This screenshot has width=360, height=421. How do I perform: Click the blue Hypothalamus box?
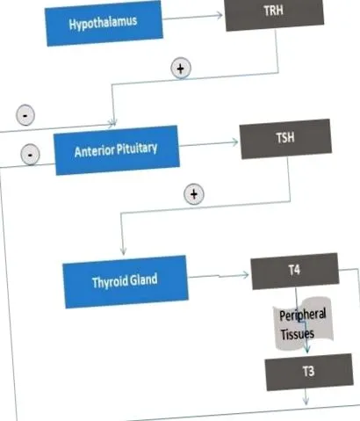[x=104, y=23]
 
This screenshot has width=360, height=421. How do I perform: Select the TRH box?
[x=274, y=14]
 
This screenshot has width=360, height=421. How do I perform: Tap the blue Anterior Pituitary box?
[x=116, y=149]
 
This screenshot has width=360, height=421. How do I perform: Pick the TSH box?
[x=285, y=139]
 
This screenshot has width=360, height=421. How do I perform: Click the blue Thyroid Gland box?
[x=126, y=281]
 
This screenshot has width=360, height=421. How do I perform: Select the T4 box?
[x=295, y=271]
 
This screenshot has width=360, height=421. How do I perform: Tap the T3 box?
[x=309, y=372]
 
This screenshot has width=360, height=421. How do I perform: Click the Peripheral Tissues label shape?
[x=303, y=323]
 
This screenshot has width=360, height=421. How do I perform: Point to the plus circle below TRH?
[x=181, y=69]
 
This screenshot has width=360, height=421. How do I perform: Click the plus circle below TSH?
[x=194, y=194]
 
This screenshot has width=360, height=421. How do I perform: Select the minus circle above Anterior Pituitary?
[x=25, y=115]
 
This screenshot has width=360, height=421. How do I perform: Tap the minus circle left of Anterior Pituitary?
[x=30, y=154]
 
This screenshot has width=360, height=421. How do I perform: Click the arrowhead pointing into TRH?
[x=219, y=15]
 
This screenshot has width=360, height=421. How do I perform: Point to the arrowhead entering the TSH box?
[x=234, y=142]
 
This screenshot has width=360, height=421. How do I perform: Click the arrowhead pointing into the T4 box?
[x=245, y=275]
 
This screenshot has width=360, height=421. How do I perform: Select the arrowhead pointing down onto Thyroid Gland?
[x=123, y=251]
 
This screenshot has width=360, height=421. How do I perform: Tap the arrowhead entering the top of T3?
[x=306, y=349]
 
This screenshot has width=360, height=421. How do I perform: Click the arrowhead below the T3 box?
[x=306, y=401]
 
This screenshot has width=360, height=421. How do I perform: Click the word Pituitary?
[x=137, y=149]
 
